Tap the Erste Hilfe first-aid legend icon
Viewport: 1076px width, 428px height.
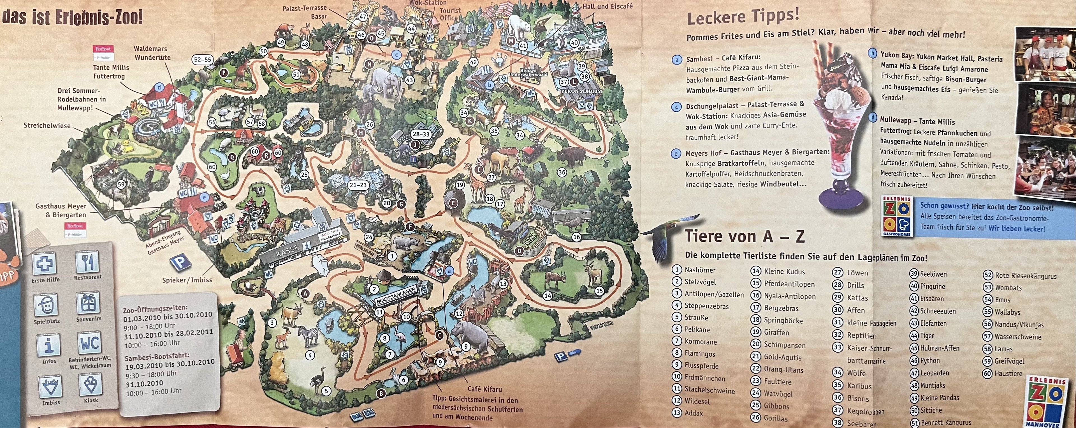[45, 264]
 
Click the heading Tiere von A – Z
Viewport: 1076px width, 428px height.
[744, 236]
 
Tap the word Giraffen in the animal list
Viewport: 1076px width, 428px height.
[776, 333]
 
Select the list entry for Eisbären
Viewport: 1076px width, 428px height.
[932, 299]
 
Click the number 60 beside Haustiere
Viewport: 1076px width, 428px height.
[987, 374]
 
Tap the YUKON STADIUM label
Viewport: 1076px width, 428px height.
[581, 91]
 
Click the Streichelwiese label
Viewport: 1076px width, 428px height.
[47, 125]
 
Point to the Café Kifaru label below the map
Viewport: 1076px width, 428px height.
[484, 389]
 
